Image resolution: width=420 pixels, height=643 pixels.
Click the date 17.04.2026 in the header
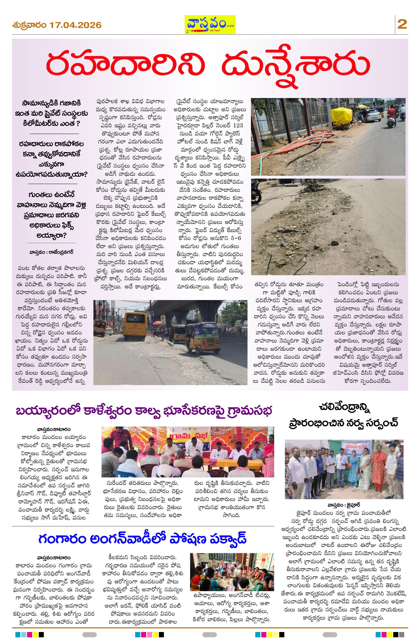click(x=75, y=25)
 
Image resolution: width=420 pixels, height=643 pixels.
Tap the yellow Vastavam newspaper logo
click(x=210, y=24)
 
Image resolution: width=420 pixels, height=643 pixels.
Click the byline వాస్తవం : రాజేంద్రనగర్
click(x=51, y=252)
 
